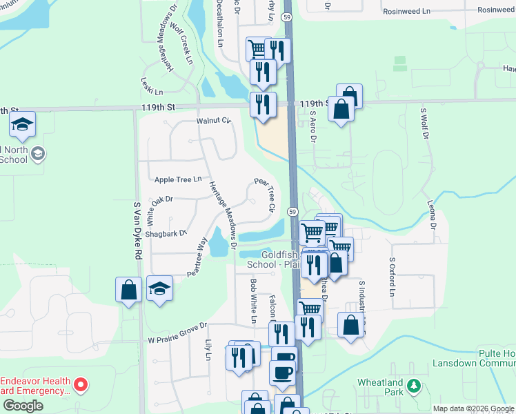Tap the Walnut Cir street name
pos(212,121)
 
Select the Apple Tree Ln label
pos(178,179)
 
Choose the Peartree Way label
pos(197,257)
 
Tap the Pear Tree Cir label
pos(266,194)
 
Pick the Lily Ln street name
pos(207,350)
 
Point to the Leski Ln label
pos(152,87)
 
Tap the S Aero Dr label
pos(312,127)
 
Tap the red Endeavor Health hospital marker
pos(81,384)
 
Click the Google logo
pos(23,405)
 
